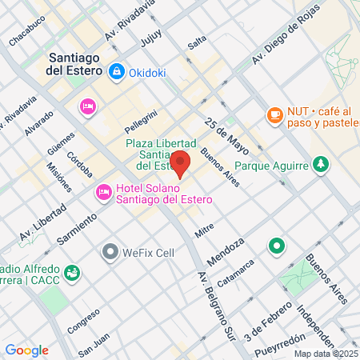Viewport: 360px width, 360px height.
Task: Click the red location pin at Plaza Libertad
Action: (x=180, y=162)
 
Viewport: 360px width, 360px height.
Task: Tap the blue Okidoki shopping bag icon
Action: (x=117, y=72)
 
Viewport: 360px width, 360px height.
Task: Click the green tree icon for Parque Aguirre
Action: (x=321, y=164)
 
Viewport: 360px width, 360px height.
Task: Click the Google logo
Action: (x=26, y=350)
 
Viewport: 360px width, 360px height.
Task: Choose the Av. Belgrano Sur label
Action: (x=214, y=305)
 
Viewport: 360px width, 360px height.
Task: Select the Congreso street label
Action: (x=83, y=320)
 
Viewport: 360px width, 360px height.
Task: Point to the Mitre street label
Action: (x=204, y=230)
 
